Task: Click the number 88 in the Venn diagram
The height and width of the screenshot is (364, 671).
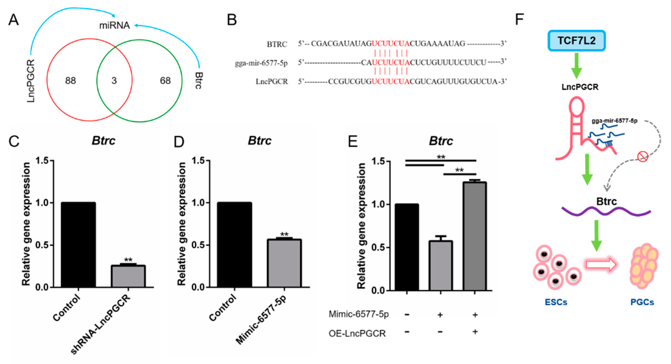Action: pyautogui.click(x=70, y=81)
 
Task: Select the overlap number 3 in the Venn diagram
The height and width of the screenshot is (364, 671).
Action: pyautogui.click(x=114, y=81)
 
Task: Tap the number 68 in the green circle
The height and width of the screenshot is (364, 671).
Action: pyautogui.click(x=165, y=81)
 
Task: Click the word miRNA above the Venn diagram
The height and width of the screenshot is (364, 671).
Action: pyautogui.click(x=115, y=25)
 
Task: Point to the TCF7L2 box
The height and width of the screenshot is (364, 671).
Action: pyautogui.click(x=576, y=41)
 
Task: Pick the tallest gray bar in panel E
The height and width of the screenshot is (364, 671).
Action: pyautogui.click(x=475, y=236)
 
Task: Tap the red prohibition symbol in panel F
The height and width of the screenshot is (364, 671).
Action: pyautogui.click(x=643, y=157)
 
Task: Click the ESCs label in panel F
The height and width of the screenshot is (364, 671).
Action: pyautogui.click(x=556, y=302)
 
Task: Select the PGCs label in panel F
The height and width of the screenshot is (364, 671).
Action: pyautogui.click(x=642, y=302)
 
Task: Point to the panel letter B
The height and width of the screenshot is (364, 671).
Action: pyautogui.click(x=232, y=20)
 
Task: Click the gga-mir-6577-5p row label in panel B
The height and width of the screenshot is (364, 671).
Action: pyautogui.click(x=261, y=63)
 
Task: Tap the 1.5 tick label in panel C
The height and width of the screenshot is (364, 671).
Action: pyautogui.click(x=42, y=161)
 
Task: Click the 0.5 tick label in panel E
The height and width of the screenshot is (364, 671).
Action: pyautogui.click(x=378, y=248)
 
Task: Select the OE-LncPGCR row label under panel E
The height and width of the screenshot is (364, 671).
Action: pyautogui.click(x=357, y=334)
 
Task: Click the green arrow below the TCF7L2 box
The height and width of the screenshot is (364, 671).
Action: pyautogui.click(x=576, y=65)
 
